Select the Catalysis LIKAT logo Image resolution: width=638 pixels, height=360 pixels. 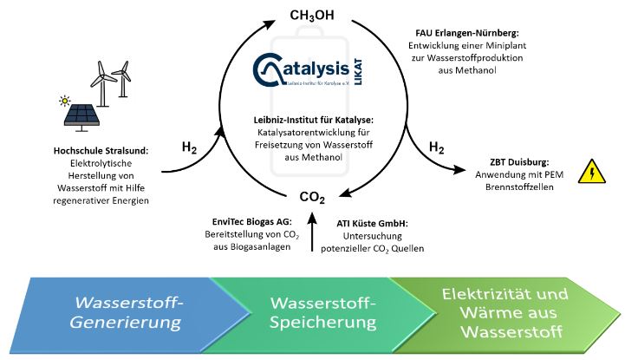(x=313, y=69)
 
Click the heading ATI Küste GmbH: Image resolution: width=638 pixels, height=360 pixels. (x=374, y=222)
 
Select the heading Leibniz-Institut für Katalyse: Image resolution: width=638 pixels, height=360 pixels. (x=313, y=119)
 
